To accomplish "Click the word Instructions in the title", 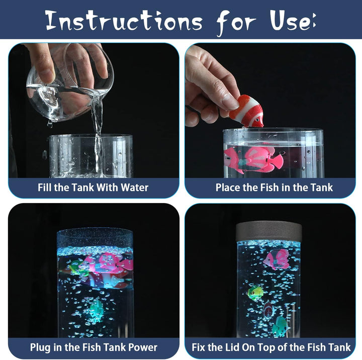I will click(x=123, y=21).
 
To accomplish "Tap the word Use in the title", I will click(x=292, y=21).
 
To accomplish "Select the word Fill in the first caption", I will click(x=46, y=188).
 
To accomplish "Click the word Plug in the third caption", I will click(x=40, y=347).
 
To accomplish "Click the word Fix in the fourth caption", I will click(x=200, y=347).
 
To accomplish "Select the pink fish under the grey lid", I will click(x=277, y=259).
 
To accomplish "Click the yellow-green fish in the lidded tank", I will click(x=256, y=292).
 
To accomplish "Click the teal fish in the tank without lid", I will click(x=96, y=308).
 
